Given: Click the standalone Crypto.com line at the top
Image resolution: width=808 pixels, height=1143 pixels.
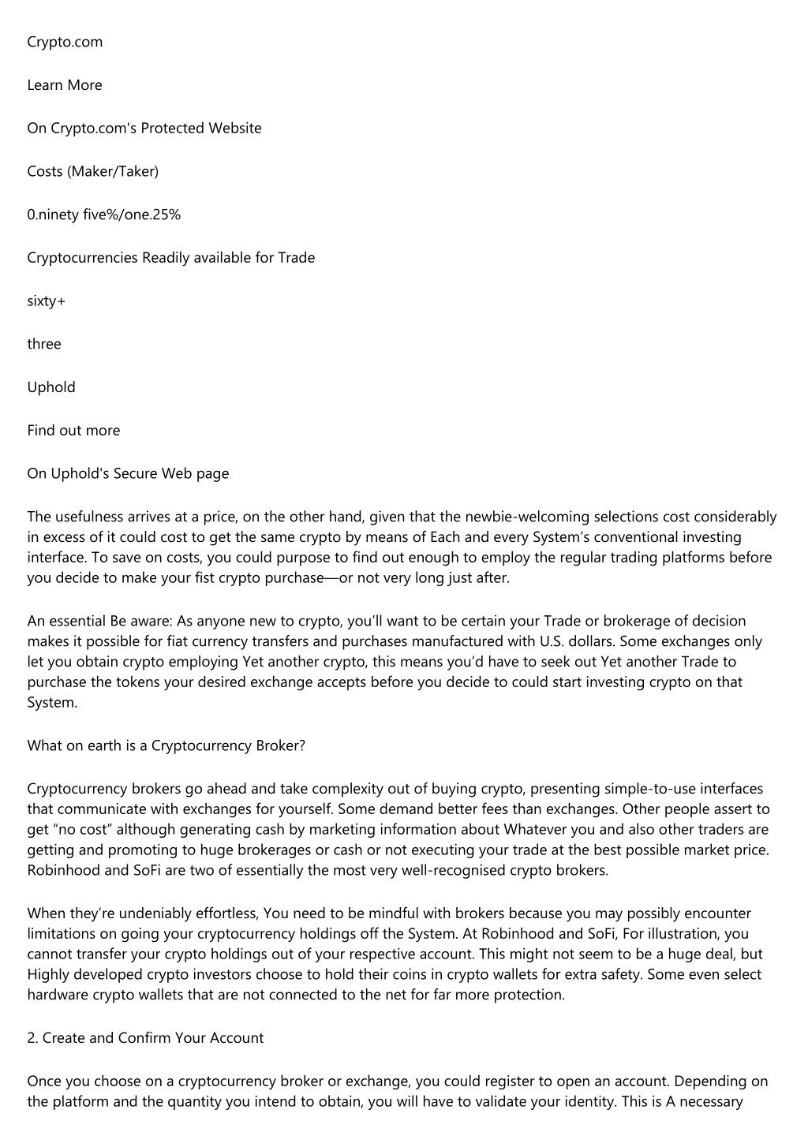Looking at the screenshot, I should click(x=65, y=42).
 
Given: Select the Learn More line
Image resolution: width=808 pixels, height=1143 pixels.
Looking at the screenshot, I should click(x=65, y=85).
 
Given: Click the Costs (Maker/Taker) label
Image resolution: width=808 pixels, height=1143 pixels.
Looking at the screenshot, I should click(x=93, y=171).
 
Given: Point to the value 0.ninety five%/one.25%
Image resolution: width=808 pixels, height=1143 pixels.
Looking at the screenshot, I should click(x=104, y=215).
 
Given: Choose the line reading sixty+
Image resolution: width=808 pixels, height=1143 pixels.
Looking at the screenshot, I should click(x=47, y=301).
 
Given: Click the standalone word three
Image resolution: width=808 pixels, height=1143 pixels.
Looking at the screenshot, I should click(x=44, y=344).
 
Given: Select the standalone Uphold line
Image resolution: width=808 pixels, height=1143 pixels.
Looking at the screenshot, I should click(x=51, y=387).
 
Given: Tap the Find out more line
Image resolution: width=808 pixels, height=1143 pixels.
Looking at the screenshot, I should click(x=74, y=431).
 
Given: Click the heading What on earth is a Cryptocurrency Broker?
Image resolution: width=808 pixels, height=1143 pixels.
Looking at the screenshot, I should click(x=166, y=745).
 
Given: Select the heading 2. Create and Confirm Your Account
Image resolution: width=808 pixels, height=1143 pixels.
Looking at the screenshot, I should click(x=145, y=1038).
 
